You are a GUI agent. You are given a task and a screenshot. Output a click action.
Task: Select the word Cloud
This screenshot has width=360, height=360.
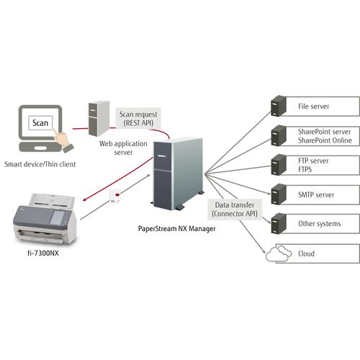click(x=306, y=253)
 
